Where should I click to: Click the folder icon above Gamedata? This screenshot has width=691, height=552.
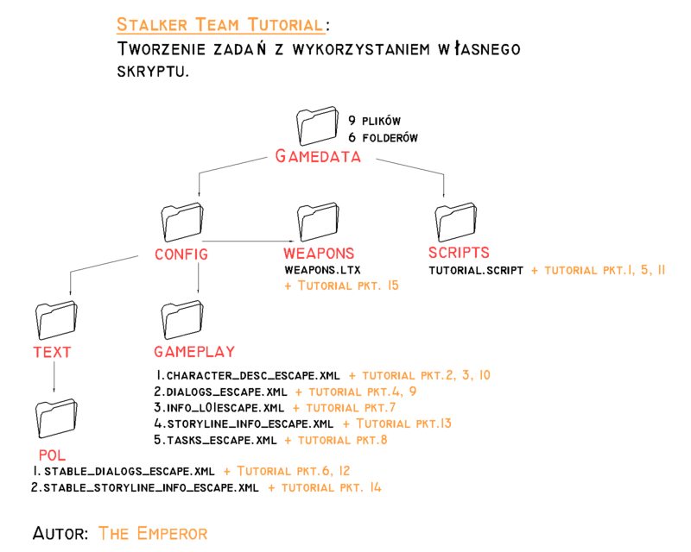pyautogui.click(x=316, y=129)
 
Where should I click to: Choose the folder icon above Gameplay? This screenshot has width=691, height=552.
pyautogui.click(x=182, y=323)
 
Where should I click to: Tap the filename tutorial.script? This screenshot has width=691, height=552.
pyautogui.click(x=477, y=270)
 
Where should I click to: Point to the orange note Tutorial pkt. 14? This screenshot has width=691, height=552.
pyautogui.click(x=326, y=487)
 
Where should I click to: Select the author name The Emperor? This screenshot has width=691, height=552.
pyautogui.click(x=153, y=533)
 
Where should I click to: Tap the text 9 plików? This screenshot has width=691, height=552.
pyautogui.click(x=374, y=121)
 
